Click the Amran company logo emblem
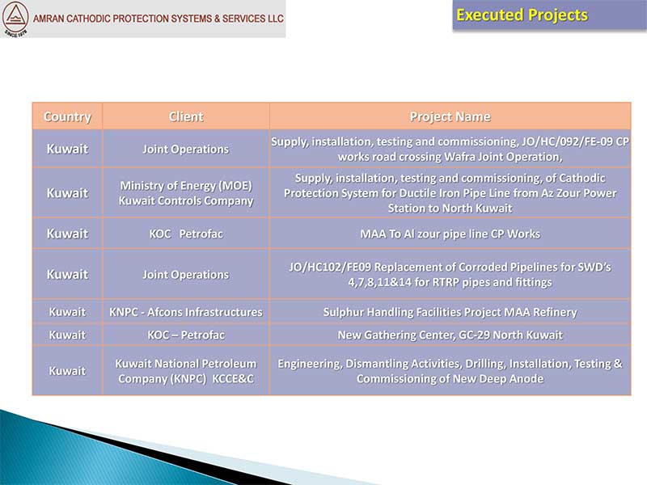click(15, 19)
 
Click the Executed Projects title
click(522, 15)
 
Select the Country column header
click(67, 116)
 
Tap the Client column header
click(186, 116)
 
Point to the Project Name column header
click(450, 116)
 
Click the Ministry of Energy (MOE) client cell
click(186, 193)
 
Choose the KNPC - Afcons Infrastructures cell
click(186, 312)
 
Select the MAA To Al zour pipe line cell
click(450, 234)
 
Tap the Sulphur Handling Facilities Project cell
click(450, 312)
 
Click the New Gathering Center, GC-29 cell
click(450, 335)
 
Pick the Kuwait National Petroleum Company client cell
click(186, 371)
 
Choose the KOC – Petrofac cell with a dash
click(186, 335)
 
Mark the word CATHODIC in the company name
click(89, 19)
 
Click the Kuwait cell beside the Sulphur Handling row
click(67, 312)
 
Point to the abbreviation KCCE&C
click(233, 378)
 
